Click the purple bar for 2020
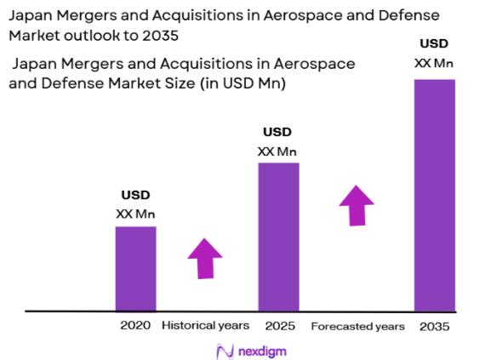coord(135,268)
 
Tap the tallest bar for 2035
coord(434,195)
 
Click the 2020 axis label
coord(135,325)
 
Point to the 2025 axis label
coord(277,325)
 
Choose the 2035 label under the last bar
coord(433,326)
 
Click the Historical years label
coord(205,325)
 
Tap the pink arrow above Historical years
coord(204,257)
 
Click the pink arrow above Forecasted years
coord(356,205)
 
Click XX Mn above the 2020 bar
coord(135,214)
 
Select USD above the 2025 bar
coord(277,132)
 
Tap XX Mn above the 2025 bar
coord(277,151)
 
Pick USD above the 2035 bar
coord(433,43)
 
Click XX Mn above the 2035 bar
coord(433,62)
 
